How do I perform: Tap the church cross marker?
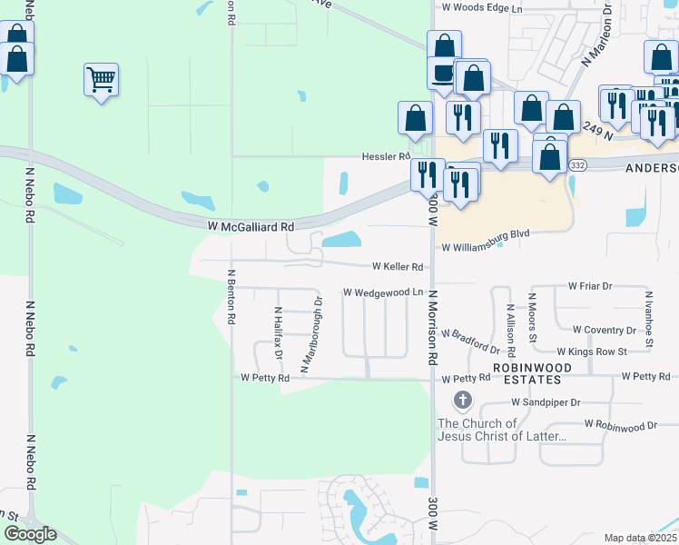click(462, 400)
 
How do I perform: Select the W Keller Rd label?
click(398, 267)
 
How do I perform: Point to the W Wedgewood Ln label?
click(383, 292)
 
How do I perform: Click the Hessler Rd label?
click(387, 156)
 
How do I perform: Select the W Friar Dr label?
click(591, 285)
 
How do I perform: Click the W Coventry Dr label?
click(605, 330)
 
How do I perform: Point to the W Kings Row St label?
click(592, 351)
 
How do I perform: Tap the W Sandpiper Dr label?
click(546, 401)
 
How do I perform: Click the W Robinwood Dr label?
click(621, 424)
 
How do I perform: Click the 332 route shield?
click(578, 164)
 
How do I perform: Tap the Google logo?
click(30, 534)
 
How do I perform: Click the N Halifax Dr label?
click(279, 331)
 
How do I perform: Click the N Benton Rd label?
click(231, 297)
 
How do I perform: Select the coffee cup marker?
click(443, 73)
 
